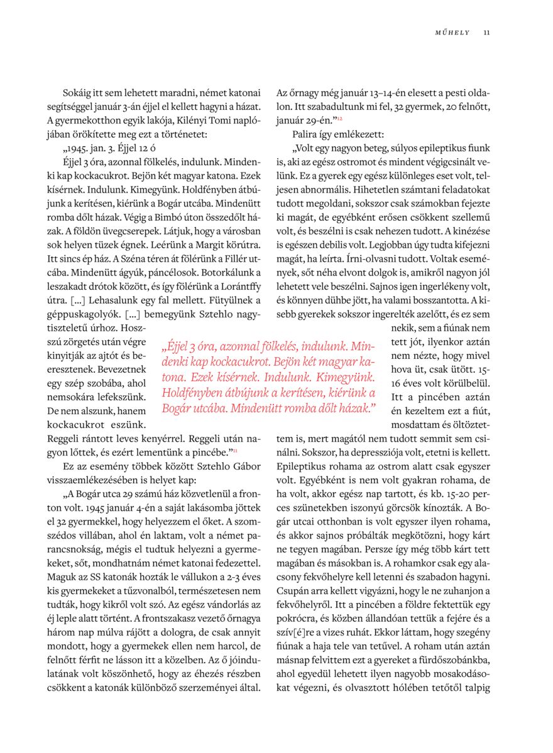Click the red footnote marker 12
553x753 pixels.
[339, 118]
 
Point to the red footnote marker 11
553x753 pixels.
[235, 450]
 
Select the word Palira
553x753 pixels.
[305, 134]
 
